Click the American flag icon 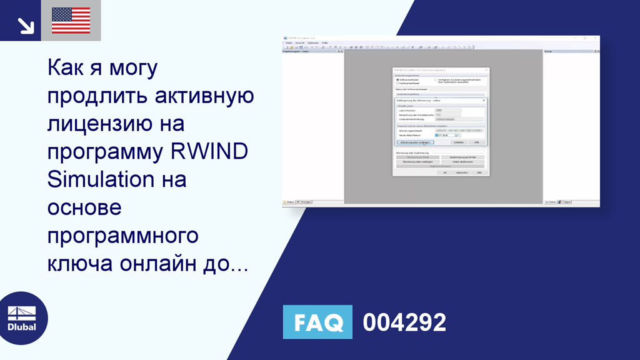click(x=71, y=20)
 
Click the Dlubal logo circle click(x=22, y=317)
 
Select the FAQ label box click(x=317, y=322)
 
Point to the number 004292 click(x=404, y=322)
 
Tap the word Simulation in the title click(x=101, y=179)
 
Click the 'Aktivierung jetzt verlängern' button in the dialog click(x=416, y=142)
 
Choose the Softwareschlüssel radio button click(x=397, y=80)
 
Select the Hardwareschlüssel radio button click(x=397, y=83)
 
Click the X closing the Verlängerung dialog click(x=483, y=100)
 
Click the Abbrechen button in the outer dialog click(x=462, y=172)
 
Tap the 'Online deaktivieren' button click(x=462, y=162)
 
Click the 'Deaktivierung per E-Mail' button click(x=462, y=157)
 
